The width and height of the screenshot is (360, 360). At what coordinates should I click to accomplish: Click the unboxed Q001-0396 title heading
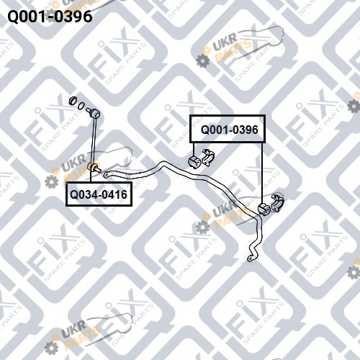pyautogui.click(x=50, y=17)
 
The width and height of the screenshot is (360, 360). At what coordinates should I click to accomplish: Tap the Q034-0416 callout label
pyautogui.click(x=99, y=194)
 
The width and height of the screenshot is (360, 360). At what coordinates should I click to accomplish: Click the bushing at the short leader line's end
pyautogui.click(x=194, y=161)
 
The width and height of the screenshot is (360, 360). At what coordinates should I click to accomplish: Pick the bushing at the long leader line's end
pyautogui.click(x=264, y=209)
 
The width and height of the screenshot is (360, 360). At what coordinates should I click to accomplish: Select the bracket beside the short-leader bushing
pyautogui.click(x=208, y=157)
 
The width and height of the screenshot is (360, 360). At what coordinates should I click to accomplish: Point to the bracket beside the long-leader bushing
pyautogui.click(x=277, y=203)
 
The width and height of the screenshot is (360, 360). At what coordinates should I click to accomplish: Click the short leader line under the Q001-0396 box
pyautogui.click(x=194, y=149)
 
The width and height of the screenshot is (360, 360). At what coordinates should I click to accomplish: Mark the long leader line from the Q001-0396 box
pyautogui.click(x=262, y=173)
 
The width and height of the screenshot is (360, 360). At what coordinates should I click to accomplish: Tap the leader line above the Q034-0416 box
pyautogui.click(x=91, y=176)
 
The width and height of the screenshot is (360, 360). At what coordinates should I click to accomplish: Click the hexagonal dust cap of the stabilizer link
pyautogui.click(x=73, y=101)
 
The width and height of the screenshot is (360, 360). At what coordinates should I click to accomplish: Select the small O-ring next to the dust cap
pyautogui.click(x=82, y=105)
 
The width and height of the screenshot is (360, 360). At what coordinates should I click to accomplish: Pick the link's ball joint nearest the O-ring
pyautogui.click(x=93, y=113)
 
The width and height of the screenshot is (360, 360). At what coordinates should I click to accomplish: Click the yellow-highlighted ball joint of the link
pyautogui.click(x=93, y=166)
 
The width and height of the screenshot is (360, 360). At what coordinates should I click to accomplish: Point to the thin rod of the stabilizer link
pyautogui.click(x=94, y=139)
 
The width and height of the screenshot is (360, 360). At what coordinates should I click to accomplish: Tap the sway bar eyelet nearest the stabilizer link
pyautogui.click(x=106, y=174)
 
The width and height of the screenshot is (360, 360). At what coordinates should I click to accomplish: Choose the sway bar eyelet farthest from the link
pyautogui.click(x=250, y=258)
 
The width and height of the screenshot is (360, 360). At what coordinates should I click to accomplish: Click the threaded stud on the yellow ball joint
pyautogui.click(x=98, y=170)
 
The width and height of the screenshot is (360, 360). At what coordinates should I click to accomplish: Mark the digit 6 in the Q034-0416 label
pyautogui.click(x=124, y=194)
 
